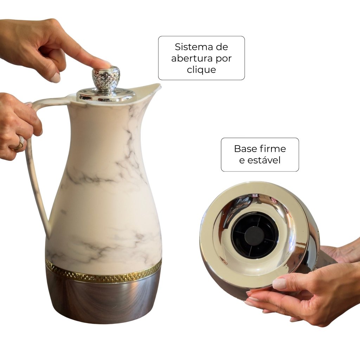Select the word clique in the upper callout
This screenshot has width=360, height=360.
[x=201, y=70]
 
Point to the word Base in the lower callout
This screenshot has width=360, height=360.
[x=245, y=149]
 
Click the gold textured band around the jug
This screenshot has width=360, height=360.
[x=103, y=272]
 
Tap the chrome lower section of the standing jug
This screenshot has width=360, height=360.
[x=103, y=301]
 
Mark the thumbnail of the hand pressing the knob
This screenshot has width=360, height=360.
[x=55, y=78]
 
